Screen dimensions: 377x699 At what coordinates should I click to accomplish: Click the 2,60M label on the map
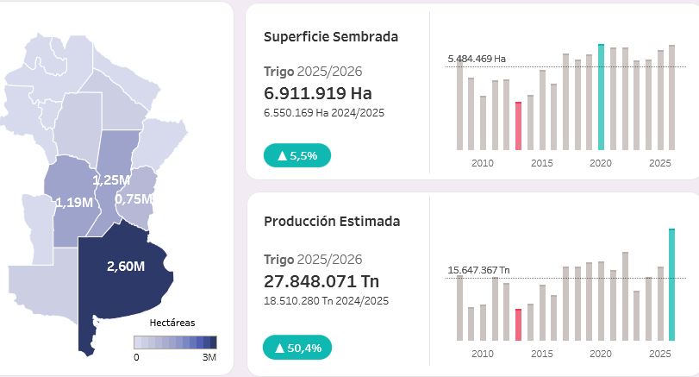coord(125,266)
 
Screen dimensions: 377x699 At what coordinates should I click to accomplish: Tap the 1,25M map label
coord(111,179)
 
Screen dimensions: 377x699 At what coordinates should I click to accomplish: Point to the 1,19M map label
coord(73,203)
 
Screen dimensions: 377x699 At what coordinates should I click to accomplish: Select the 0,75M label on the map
coord(134,198)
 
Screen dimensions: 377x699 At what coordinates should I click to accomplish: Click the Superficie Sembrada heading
coord(331,36)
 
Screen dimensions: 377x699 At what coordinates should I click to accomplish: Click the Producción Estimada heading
coord(332,222)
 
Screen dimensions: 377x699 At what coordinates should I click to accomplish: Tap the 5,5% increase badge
coord(297,156)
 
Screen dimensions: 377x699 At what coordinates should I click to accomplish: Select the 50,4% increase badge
coord(297,348)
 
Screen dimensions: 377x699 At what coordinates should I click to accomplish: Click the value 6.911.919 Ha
coord(318,93)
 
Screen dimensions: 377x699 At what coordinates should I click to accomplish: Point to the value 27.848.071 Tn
coord(321,281)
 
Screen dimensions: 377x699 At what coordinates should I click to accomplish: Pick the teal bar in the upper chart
coord(601,96)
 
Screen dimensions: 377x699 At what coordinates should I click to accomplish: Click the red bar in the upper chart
coord(518,125)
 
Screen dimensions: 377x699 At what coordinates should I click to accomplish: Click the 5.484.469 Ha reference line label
coord(476,59)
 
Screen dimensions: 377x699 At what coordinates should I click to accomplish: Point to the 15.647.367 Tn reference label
coord(478,270)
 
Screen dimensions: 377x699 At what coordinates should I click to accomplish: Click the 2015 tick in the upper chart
coord(542,163)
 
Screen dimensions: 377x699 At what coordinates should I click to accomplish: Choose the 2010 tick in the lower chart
coord(483,355)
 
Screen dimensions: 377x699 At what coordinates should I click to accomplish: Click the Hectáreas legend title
coord(172,323)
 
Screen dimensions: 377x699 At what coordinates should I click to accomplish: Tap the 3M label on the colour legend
coord(209,356)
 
